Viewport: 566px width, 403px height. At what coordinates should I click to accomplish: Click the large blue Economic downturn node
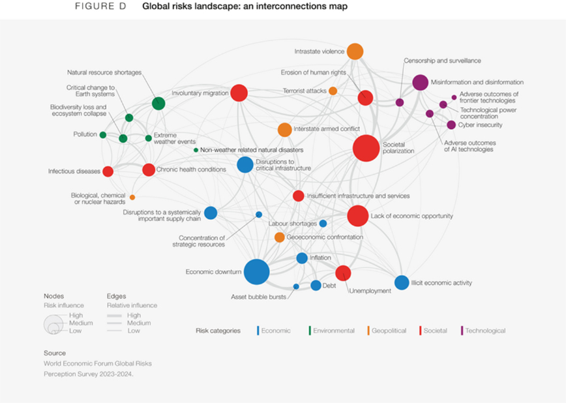tap(256, 272)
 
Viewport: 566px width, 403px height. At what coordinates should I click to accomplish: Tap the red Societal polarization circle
tap(366, 148)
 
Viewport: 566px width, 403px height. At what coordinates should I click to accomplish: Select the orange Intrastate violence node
tap(355, 51)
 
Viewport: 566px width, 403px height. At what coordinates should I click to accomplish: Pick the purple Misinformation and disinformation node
tap(420, 83)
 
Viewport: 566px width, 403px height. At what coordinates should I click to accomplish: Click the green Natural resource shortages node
tap(158, 103)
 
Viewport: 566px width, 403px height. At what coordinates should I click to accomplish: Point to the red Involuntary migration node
tap(239, 93)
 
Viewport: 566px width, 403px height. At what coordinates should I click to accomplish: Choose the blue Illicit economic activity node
tap(402, 282)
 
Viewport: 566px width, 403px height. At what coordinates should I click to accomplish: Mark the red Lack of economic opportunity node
tap(357, 216)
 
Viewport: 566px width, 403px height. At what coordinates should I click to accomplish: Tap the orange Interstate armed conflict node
tap(284, 130)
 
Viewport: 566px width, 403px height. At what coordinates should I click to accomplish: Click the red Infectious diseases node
tap(108, 172)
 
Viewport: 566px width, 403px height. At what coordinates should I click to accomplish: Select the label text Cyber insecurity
tap(479, 125)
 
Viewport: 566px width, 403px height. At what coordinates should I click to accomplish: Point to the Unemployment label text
tap(370, 291)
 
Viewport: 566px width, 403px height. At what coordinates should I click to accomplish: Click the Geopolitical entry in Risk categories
tap(389, 331)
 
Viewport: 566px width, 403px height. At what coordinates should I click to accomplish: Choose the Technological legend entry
tap(485, 331)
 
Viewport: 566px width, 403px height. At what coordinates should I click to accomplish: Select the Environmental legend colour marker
tap(310, 331)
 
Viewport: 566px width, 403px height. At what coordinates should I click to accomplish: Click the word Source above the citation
tap(55, 353)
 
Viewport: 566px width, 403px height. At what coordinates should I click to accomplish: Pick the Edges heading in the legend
tap(116, 296)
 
